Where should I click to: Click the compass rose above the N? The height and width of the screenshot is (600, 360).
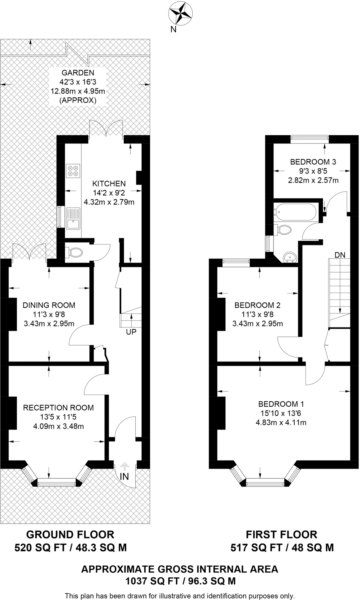(180, 13)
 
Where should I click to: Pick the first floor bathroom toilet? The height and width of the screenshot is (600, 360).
(282, 229)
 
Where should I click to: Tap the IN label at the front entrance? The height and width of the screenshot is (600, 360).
(124, 477)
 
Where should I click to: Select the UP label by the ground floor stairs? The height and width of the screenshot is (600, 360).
(131, 332)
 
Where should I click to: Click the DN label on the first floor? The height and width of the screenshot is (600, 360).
(340, 255)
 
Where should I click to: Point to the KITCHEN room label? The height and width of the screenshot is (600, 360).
(109, 184)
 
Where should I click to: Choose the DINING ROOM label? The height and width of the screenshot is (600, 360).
(49, 305)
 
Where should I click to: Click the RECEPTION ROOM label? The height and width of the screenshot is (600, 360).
(58, 408)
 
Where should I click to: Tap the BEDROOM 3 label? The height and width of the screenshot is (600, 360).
(313, 162)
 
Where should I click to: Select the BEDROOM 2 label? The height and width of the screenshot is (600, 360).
(257, 305)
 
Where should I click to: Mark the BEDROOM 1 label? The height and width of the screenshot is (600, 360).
(281, 404)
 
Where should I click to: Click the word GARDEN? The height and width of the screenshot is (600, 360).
(78, 73)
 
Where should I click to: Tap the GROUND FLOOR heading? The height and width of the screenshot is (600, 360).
(70, 534)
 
